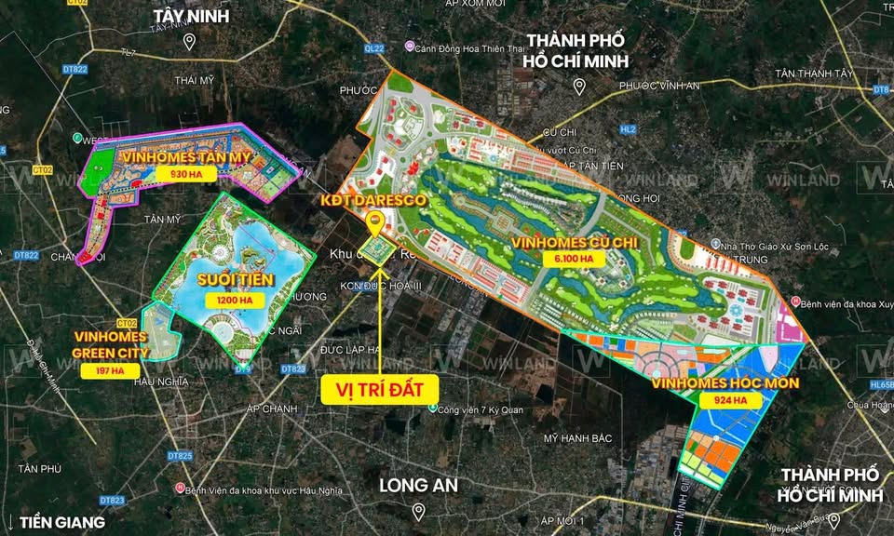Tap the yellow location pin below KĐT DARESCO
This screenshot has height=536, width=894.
[x=375, y=221]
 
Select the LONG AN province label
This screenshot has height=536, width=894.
[x=418, y=485]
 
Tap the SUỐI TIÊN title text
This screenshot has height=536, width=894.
[x=228, y=280]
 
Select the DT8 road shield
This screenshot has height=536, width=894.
[x=882, y=89]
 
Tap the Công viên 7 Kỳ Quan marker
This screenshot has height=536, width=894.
[x=433, y=408]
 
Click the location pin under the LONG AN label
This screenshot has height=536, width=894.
[x=418, y=510]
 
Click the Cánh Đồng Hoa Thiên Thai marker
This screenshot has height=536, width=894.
[x=409, y=46]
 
